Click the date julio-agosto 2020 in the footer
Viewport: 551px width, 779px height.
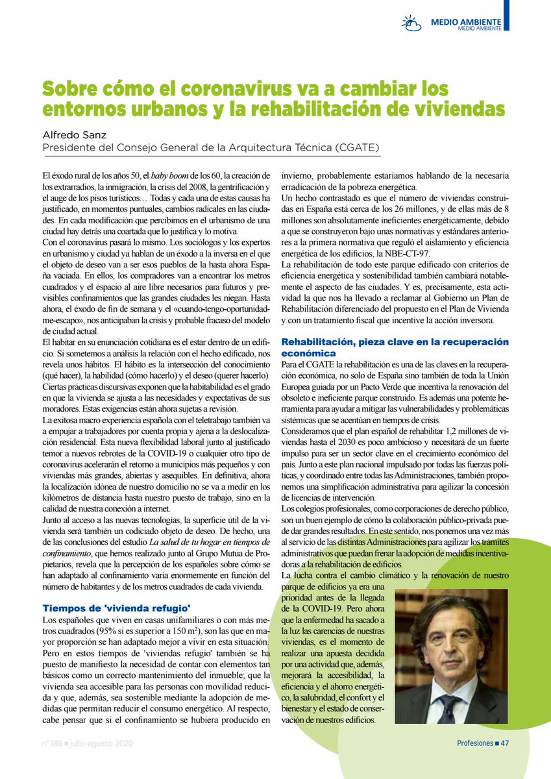point(101,743)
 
